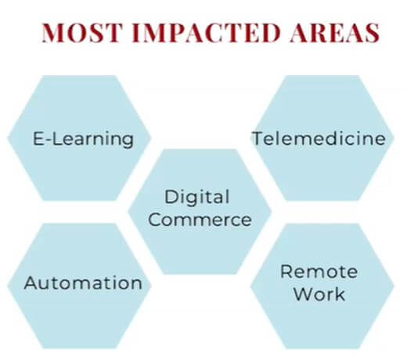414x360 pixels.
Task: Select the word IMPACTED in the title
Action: click(x=206, y=33)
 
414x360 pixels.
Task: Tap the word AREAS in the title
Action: click(x=335, y=33)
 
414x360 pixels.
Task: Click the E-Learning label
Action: click(x=83, y=139)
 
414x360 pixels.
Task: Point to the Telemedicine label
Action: click(x=319, y=139)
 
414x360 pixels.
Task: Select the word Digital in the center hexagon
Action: click(x=196, y=197)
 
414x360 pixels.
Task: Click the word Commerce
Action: click(x=200, y=220)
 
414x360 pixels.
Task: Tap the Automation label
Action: click(x=83, y=283)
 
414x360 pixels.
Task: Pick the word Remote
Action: click(x=319, y=272)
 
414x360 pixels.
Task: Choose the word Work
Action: click(x=319, y=294)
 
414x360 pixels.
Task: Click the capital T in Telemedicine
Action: click(x=259, y=139)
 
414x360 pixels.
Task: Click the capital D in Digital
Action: click(x=171, y=197)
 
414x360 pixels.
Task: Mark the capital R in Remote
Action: click(x=287, y=272)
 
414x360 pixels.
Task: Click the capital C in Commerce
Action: click(x=156, y=220)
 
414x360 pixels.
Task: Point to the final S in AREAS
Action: click(x=372, y=33)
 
